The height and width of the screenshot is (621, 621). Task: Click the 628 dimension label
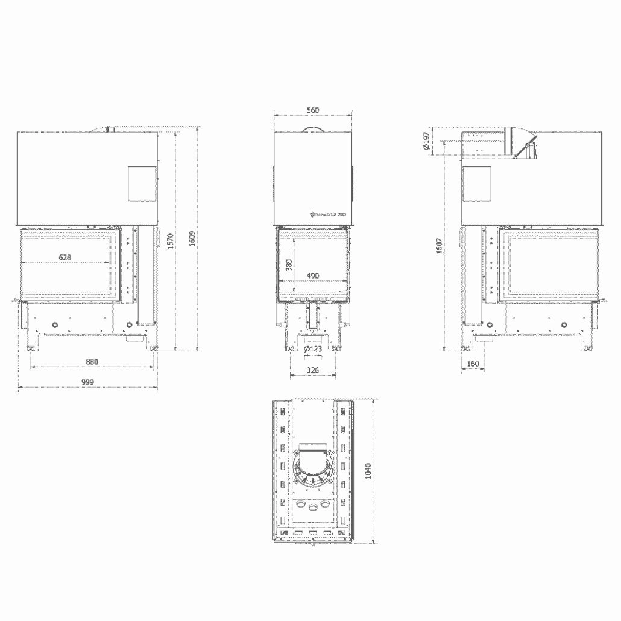tap(65, 257)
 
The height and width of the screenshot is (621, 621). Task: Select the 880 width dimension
tap(92, 362)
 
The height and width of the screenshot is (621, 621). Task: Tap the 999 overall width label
tap(88, 383)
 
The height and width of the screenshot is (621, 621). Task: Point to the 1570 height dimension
tap(171, 241)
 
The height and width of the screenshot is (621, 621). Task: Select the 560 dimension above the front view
tap(312, 110)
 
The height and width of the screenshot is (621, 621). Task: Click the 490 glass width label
tap(312, 276)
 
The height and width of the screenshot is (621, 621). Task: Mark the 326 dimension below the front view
tap(312, 370)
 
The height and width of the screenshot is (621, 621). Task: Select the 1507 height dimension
tap(439, 247)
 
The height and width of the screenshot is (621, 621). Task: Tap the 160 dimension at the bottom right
tap(473, 364)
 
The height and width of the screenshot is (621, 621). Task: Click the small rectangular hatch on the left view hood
tap(142, 183)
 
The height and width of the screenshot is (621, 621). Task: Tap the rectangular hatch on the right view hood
tap(476, 183)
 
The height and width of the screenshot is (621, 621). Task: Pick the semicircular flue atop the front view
tap(312, 130)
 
